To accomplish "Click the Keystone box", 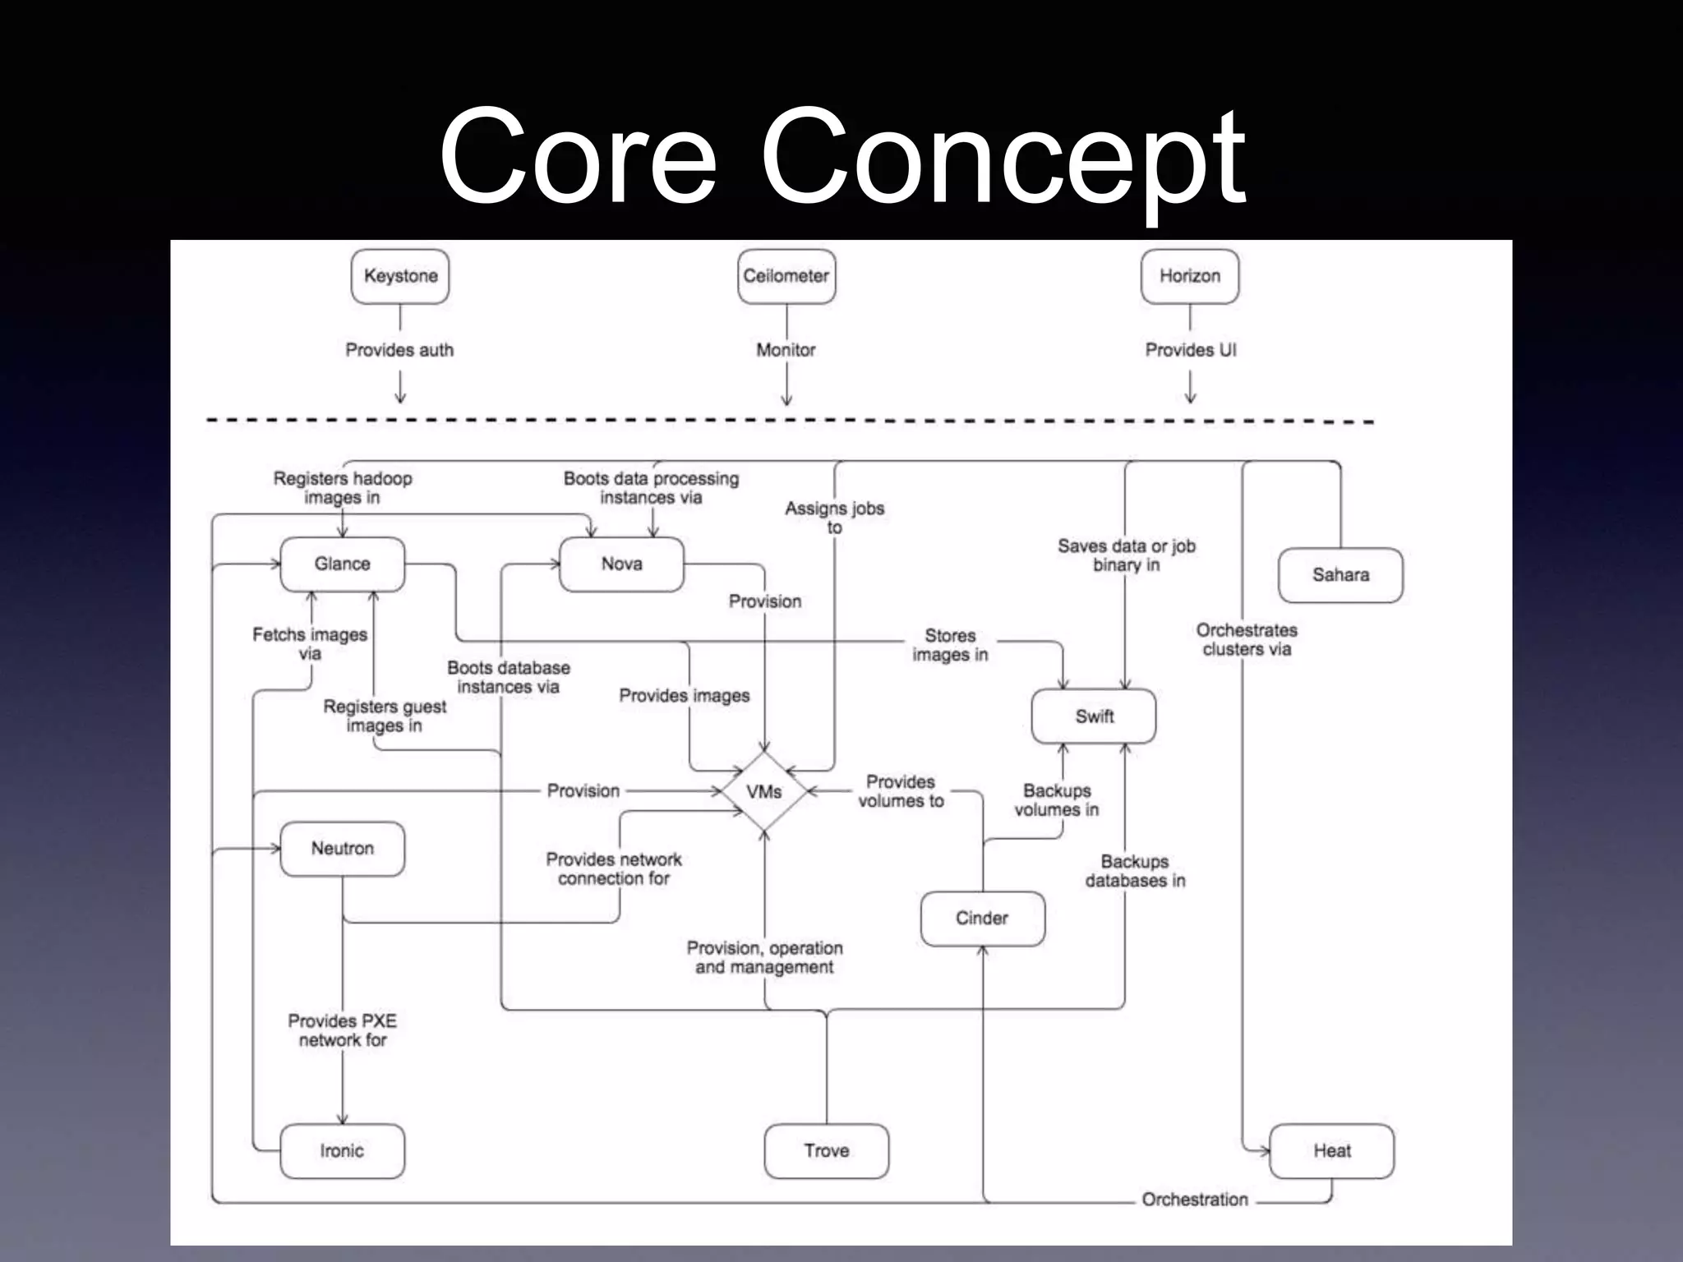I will [400, 276].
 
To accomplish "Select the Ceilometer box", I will [786, 276].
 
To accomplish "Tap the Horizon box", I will [1190, 276].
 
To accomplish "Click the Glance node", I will [342, 564].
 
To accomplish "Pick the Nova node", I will [621, 564].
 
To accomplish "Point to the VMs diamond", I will [763, 791].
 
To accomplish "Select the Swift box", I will [1094, 716].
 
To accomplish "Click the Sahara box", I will [1340, 575].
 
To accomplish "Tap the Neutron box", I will [342, 849].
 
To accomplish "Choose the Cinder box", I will [982, 919].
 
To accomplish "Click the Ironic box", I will [342, 1151].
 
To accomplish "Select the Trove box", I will [826, 1151].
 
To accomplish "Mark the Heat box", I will [1331, 1151].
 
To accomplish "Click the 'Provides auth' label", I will [399, 350].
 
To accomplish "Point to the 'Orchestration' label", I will [1195, 1200].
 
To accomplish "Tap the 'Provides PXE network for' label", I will [342, 1030].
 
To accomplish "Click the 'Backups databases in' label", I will [1135, 871].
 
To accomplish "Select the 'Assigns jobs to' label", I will [834, 518].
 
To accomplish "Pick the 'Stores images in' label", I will [950, 645].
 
